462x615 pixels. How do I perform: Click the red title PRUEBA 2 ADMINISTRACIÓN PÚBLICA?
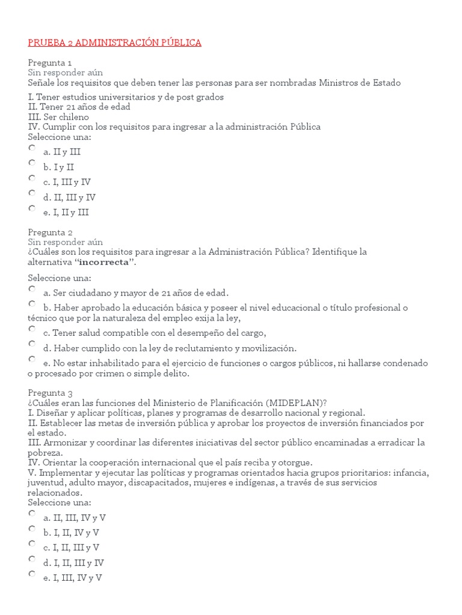click(114, 43)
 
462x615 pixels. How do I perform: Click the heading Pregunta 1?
click(50, 62)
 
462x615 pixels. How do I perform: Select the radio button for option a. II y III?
click(32, 148)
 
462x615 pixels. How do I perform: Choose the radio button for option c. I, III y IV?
click(32, 178)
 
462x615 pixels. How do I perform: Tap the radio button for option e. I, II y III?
click(32, 208)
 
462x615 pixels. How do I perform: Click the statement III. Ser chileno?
click(58, 117)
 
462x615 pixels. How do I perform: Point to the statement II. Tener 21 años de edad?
click(79, 107)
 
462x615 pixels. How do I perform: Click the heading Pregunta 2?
click(51, 232)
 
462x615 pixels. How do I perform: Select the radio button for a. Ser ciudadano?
click(32, 289)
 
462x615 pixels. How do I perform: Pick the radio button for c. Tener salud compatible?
click(32, 329)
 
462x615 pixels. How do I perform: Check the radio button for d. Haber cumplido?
click(32, 344)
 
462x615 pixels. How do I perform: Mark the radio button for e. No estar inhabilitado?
click(32, 359)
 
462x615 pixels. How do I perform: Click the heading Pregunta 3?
click(51, 392)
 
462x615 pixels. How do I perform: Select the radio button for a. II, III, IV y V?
click(32, 513)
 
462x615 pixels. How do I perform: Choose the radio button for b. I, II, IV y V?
click(32, 528)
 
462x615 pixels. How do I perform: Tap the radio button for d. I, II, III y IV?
click(32, 559)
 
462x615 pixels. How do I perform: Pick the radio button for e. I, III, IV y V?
click(32, 574)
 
